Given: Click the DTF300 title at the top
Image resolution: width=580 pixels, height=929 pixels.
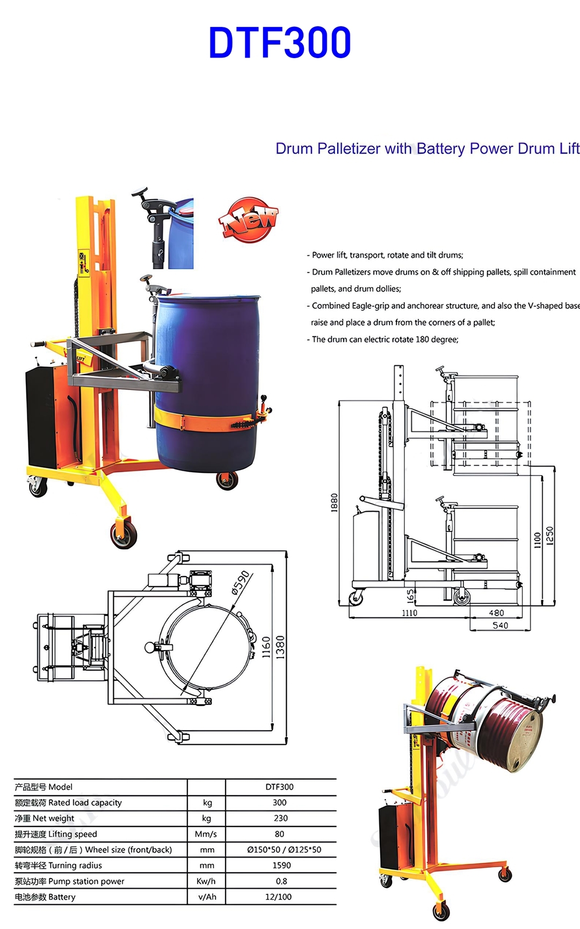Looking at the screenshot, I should point(280,43).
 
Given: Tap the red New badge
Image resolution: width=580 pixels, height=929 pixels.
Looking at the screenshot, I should point(249,219).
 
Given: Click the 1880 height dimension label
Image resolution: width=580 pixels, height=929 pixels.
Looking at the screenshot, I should point(334,502).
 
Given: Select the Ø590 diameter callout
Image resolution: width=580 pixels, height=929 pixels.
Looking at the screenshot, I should point(240,582).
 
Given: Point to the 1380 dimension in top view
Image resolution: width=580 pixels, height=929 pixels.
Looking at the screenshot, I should point(280,647).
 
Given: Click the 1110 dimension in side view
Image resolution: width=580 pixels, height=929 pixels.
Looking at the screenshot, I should point(409,613).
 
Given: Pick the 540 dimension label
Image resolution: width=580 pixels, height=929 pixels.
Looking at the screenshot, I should point(500,625).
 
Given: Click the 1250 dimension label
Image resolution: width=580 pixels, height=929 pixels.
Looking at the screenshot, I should point(549,536).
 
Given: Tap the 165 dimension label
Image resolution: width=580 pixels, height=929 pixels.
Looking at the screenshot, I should point(411,595).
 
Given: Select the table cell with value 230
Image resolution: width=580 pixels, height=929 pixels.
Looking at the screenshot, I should point(280,818).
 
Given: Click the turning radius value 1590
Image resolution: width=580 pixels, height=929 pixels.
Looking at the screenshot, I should point(281,866).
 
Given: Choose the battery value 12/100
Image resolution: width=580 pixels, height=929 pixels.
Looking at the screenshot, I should point(278,897).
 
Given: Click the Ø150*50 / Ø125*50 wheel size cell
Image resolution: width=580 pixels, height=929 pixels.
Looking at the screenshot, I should point(284,850).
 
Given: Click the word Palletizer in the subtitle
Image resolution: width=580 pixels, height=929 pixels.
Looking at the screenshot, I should point(348,149).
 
